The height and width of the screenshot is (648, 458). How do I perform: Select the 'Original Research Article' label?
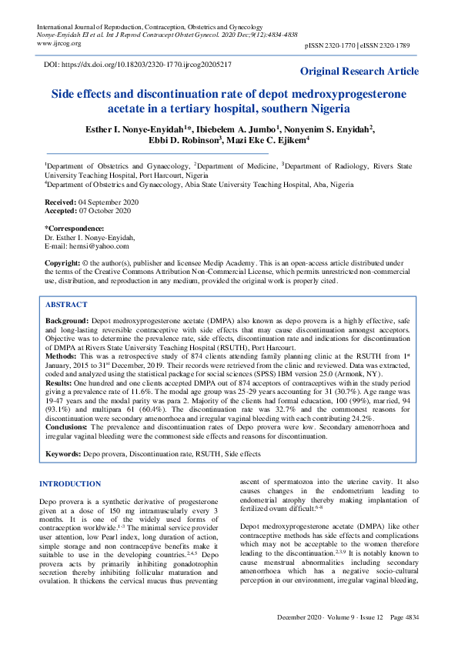tap(359, 72)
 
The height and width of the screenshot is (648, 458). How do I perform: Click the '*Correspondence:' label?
tap(75, 229)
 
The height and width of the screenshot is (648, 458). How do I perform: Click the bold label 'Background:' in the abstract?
tap(67, 319)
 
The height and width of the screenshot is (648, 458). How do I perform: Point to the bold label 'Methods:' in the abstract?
tap(62, 358)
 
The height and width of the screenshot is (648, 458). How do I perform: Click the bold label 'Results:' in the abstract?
tap(59, 382)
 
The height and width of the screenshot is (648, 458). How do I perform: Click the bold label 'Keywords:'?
tap(63, 455)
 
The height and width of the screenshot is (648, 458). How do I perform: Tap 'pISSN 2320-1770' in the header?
tap(330, 47)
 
